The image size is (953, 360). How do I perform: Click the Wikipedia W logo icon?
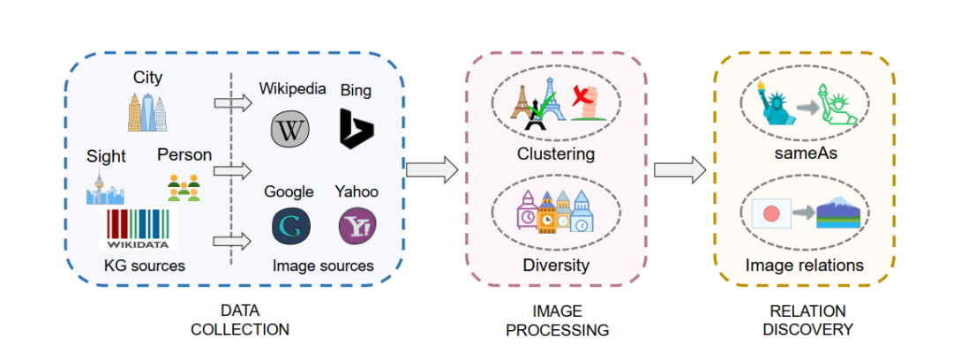click(x=289, y=129)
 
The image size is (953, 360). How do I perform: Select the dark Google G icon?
click(x=289, y=226)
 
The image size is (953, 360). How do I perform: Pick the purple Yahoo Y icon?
click(x=356, y=226)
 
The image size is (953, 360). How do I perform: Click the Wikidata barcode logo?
click(x=139, y=229)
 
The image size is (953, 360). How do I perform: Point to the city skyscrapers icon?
click(x=146, y=112)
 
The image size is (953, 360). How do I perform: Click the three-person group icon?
click(x=184, y=186)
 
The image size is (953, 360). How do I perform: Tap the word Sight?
click(x=106, y=157)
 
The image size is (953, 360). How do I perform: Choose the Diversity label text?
click(x=555, y=265)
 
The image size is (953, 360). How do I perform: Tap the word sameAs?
click(x=804, y=154)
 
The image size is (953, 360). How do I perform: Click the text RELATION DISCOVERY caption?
click(x=807, y=320)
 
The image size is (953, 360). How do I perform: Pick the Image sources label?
click(x=323, y=266)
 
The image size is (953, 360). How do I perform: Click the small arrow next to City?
click(x=232, y=103)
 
